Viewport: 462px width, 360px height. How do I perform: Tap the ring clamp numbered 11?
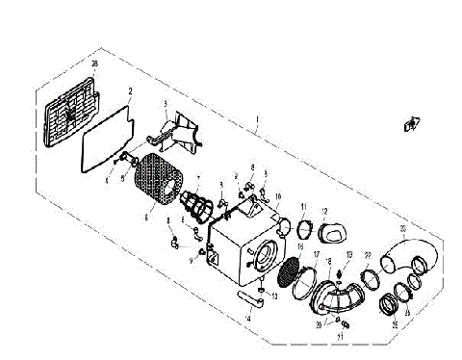[304, 228]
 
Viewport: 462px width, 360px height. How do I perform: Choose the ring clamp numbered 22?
[368, 279]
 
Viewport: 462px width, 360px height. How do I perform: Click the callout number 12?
[324, 210]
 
